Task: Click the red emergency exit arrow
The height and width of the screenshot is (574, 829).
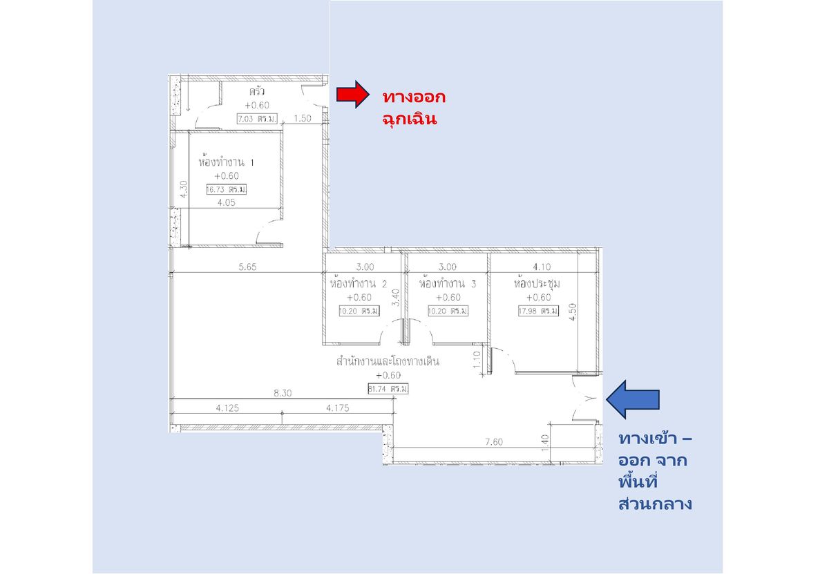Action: (353, 95)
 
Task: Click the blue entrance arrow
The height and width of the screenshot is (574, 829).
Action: (633, 399)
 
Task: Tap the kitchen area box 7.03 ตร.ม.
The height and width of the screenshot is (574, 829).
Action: (257, 119)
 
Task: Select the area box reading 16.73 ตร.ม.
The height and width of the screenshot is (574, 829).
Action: (227, 189)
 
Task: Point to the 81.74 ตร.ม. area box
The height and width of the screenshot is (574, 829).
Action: (388, 389)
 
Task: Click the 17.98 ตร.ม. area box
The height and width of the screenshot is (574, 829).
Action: (538, 311)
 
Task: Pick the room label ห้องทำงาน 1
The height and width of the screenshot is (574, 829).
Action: (226, 162)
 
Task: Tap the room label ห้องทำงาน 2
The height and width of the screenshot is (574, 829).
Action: (359, 283)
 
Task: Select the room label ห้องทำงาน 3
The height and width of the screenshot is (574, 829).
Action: (448, 283)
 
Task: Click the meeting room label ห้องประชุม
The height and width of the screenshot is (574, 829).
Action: (537, 283)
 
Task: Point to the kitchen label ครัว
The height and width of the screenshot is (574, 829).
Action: (257, 91)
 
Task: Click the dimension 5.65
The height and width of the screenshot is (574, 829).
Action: (247, 267)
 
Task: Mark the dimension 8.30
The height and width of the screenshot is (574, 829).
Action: (283, 393)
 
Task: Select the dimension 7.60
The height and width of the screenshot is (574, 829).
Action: (494, 442)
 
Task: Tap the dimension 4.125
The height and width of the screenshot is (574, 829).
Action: (227, 408)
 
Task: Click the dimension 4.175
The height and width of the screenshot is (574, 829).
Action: (338, 408)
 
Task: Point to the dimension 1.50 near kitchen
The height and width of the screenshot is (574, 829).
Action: (303, 118)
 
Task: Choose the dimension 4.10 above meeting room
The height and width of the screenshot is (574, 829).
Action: (542, 267)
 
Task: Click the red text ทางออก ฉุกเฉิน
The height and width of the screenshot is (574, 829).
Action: (414, 108)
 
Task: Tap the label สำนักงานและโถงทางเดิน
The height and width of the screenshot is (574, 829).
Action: (388, 361)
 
